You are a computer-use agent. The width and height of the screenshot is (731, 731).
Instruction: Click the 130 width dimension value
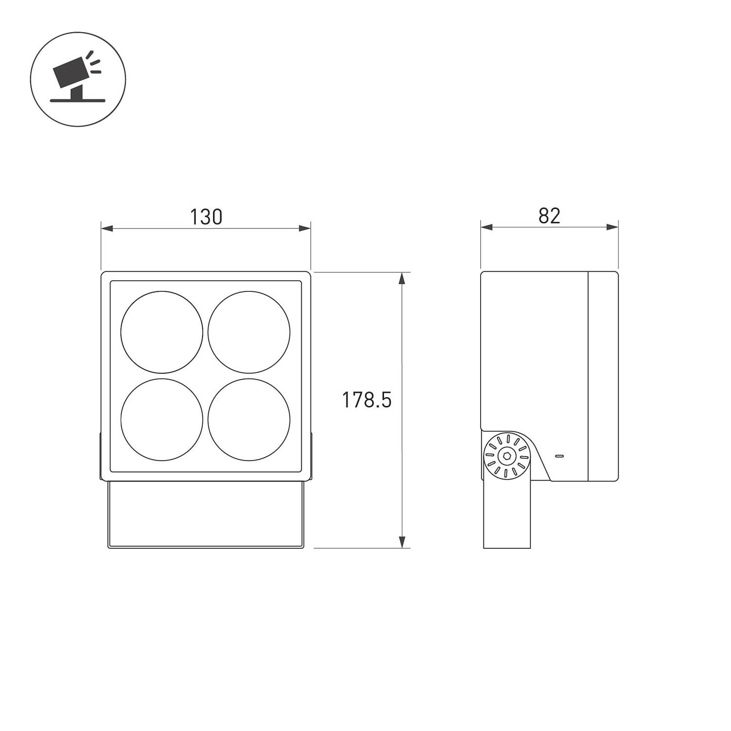click(x=206, y=217)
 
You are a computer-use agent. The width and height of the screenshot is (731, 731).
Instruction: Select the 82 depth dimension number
click(x=549, y=216)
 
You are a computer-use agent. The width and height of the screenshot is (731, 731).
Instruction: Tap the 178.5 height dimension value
click(x=366, y=400)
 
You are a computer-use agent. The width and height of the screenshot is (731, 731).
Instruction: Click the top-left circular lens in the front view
click(x=162, y=332)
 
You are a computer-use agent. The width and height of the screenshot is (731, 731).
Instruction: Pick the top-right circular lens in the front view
click(x=249, y=332)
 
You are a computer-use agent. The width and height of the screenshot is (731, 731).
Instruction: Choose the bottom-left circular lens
click(x=162, y=420)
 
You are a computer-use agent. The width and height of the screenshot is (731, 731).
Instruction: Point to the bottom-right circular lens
click(x=249, y=420)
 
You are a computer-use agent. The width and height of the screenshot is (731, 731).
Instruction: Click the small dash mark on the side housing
click(x=559, y=456)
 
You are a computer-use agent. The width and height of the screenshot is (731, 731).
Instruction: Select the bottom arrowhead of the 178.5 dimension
click(x=402, y=541)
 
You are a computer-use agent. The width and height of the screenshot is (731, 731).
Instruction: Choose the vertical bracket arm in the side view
click(x=507, y=517)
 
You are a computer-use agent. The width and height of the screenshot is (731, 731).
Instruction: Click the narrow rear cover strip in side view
click(x=603, y=375)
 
